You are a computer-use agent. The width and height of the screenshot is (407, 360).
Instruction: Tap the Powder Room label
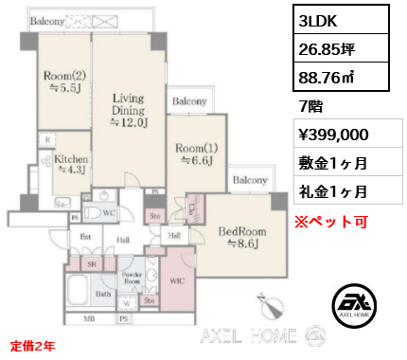pos(133,278)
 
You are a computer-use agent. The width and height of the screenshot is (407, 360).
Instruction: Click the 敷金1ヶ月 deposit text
pos(333,162)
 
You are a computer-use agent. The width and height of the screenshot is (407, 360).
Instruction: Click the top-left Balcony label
pos(46,20)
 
